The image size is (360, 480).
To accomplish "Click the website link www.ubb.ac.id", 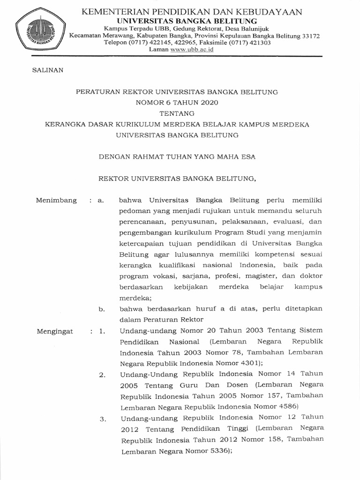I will [x=192, y=50].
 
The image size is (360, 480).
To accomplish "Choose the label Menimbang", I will [x=56, y=200].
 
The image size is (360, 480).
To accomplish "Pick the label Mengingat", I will [x=55, y=331].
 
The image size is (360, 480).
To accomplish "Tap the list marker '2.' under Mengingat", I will [x=102, y=375].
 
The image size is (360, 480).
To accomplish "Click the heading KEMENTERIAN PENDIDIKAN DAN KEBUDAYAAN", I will [x=192, y=12].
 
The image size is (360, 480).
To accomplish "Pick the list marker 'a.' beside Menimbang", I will [x=100, y=200].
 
